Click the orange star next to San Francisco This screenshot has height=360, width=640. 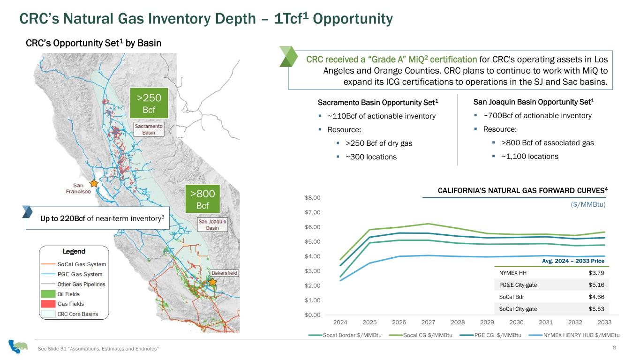[x=94, y=183]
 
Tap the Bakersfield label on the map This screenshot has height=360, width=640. [x=224, y=273]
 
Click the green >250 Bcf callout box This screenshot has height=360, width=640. [x=149, y=103]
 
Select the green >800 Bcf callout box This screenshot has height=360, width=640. [x=203, y=199]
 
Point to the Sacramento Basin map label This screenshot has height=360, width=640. [x=149, y=129]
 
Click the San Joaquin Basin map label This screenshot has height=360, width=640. [x=212, y=225]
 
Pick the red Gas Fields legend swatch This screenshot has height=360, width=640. [x=48, y=304]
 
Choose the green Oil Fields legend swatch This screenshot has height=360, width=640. [x=48, y=294]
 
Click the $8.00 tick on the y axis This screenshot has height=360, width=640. [x=313, y=198]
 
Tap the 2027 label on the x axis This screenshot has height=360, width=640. [x=428, y=322]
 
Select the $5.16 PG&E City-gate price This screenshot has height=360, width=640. [x=596, y=285]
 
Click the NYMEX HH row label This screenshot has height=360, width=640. [x=512, y=273]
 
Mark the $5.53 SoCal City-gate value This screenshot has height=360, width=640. [x=596, y=309]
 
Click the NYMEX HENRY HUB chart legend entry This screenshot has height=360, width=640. [x=574, y=335]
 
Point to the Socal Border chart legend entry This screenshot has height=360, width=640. [x=345, y=335]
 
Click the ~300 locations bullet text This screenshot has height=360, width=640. [x=371, y=157]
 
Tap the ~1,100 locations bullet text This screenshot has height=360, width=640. [x=530, y=156]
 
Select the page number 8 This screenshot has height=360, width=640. [x=614, y=347]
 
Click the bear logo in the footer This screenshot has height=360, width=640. [x=18, y=346]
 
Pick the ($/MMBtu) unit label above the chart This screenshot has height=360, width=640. [x=588, y=204]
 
